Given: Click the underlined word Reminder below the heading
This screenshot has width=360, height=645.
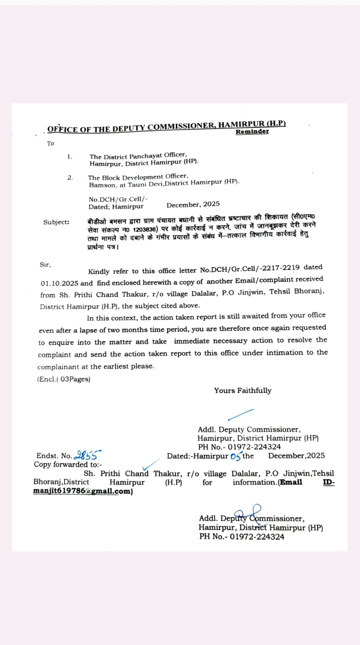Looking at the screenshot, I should coord(252,132).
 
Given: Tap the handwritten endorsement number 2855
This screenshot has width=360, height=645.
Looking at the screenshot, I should coord(87,455).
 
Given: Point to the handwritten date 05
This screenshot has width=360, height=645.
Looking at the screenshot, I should coord(235,456).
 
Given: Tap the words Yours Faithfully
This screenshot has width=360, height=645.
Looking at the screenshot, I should coord(243,390).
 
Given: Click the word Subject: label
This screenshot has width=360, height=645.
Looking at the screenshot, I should coord(56,222).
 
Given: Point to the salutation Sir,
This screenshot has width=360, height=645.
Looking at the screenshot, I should coord(45,265).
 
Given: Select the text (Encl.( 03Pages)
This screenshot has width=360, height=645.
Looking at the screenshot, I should coord(64,379).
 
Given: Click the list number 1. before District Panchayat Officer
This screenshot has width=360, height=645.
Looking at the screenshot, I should coord(70,156).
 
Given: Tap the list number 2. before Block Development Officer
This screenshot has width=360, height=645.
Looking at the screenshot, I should coord(70,177).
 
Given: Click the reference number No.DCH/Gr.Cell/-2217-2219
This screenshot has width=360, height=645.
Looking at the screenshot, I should coord(250,268).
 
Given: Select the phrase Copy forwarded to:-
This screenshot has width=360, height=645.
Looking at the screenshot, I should coord(68,464).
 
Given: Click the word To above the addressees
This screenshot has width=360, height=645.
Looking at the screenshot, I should coord(50,144).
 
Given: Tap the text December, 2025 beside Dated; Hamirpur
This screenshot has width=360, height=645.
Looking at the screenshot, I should coord(193,205).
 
